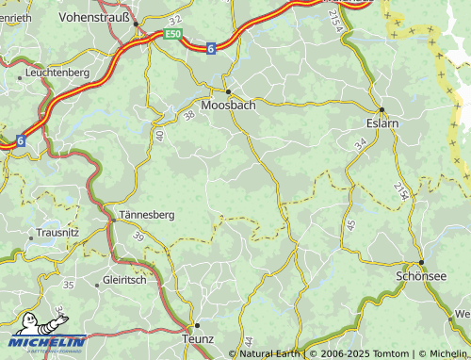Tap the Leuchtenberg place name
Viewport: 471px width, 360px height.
(x=57, y=72)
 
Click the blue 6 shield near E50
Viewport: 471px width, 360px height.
(x=211, y=47)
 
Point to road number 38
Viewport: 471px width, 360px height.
(x=189, y=115)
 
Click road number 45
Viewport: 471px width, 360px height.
(x=351, y=225)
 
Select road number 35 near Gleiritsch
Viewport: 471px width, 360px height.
(x=68, y=284)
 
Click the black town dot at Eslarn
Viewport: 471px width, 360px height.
(x=381, y=108)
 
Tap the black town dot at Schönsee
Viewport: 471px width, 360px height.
(x=421, y=263)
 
